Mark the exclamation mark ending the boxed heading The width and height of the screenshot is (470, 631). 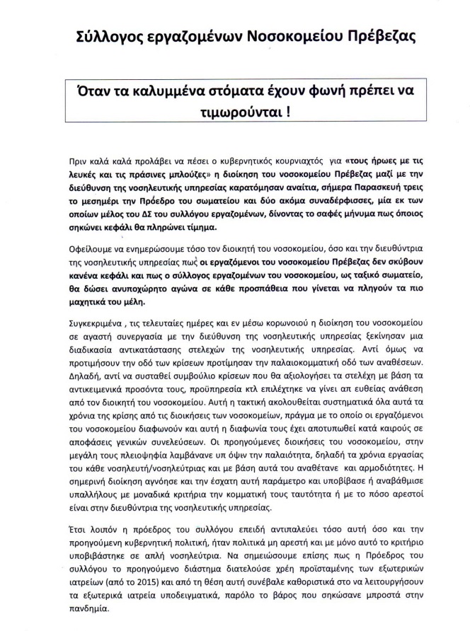point(261,114)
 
